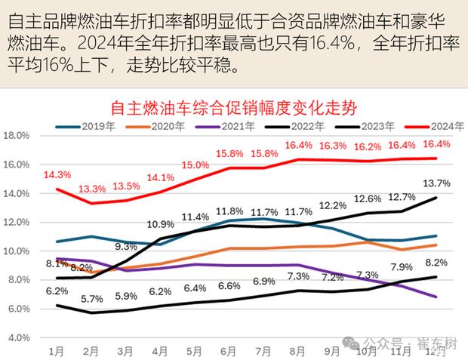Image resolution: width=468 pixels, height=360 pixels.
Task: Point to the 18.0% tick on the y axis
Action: coord(16,136)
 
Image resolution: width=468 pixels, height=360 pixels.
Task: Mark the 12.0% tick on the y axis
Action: coord(16,223)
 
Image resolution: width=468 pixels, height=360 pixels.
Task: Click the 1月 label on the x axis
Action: coord(56,352)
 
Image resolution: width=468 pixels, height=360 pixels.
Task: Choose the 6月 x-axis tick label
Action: coord(229,352)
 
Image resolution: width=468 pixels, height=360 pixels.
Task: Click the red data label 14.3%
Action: coord(57,174)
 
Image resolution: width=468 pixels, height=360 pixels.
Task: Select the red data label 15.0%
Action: coord(195,165)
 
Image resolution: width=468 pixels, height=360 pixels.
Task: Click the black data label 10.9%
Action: coord(161,224)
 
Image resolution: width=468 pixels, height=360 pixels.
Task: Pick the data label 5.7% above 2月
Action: coord(92,299)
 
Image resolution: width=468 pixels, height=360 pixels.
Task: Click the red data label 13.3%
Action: coord(92,189)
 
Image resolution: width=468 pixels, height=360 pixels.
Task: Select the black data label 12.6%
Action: coord(368,198)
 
